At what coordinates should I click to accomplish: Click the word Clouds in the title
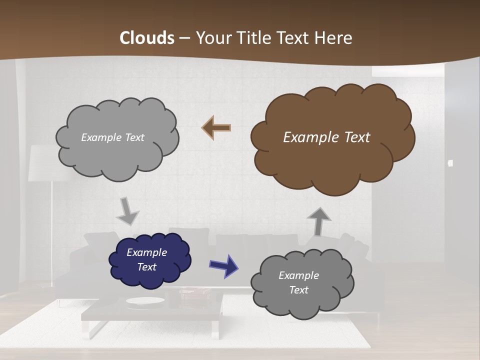point(147,38)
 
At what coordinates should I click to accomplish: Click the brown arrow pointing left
point(216,128)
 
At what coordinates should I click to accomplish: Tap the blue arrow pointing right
point(223,265)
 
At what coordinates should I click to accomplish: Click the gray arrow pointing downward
point(128,211)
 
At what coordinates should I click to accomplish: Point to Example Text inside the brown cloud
point(326,137)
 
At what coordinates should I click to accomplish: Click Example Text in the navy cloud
point(147,259)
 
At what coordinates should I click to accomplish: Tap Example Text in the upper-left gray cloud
point(112,137)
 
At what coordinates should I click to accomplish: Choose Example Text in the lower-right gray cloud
point(298,282)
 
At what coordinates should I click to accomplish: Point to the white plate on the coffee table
point(145,301)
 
